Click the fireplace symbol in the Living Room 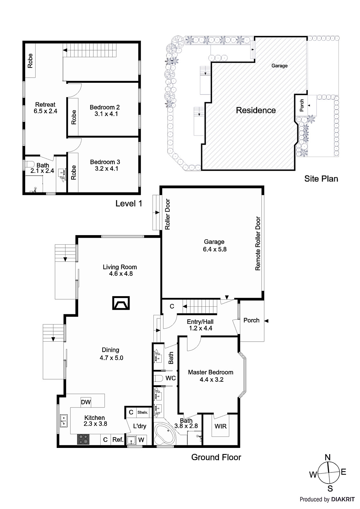121,303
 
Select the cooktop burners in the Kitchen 84,439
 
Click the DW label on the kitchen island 86,402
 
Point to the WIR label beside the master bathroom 220,426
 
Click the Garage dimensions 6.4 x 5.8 215,249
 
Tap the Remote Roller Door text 258,244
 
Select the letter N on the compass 327,457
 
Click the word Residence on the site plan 256,110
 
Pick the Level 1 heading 129,204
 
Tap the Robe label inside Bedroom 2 74,117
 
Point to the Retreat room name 45,104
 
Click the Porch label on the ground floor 251,320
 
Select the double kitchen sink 64,421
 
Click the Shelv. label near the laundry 143,413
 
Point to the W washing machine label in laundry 141,440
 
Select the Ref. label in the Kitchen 118,440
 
